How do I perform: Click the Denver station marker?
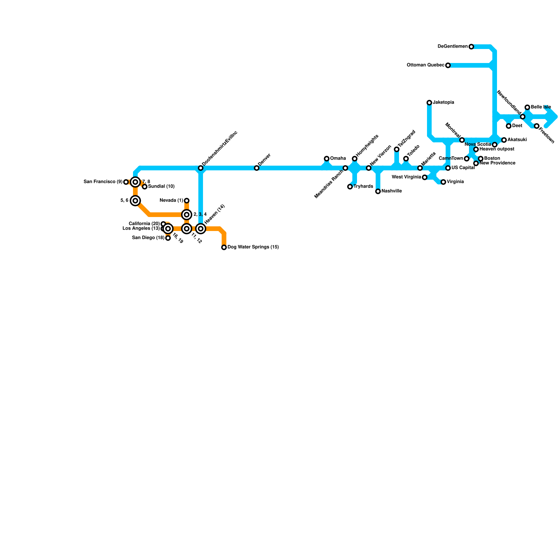[x=257, y=168]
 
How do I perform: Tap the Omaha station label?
[x=338, y=159]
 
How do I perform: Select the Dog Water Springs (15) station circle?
[x=224, y=247]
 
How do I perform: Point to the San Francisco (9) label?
[x=103, y=182]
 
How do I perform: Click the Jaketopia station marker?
[x=429, y=103]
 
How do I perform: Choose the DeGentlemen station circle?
[x=471, y=47]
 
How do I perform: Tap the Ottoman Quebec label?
[x=425, y=65]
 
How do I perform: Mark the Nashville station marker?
[x=378, y=191]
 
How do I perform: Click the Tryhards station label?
[x=363, y=187]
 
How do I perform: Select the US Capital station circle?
[x=448, y=168]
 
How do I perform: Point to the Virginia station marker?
[x=443, y=182]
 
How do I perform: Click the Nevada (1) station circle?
[x=187, y=201]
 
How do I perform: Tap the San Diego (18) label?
[x=148, y=238]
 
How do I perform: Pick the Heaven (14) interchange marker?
[x=201, y=229]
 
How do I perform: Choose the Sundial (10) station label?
[x=161, y=187]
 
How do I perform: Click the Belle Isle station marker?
[x=527, y=107]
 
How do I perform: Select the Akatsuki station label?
[x=517, y=140]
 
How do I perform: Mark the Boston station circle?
[x=481, y=159]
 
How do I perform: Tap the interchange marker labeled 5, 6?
[x=135, y=201]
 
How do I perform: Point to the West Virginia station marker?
[x=425, y=177]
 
